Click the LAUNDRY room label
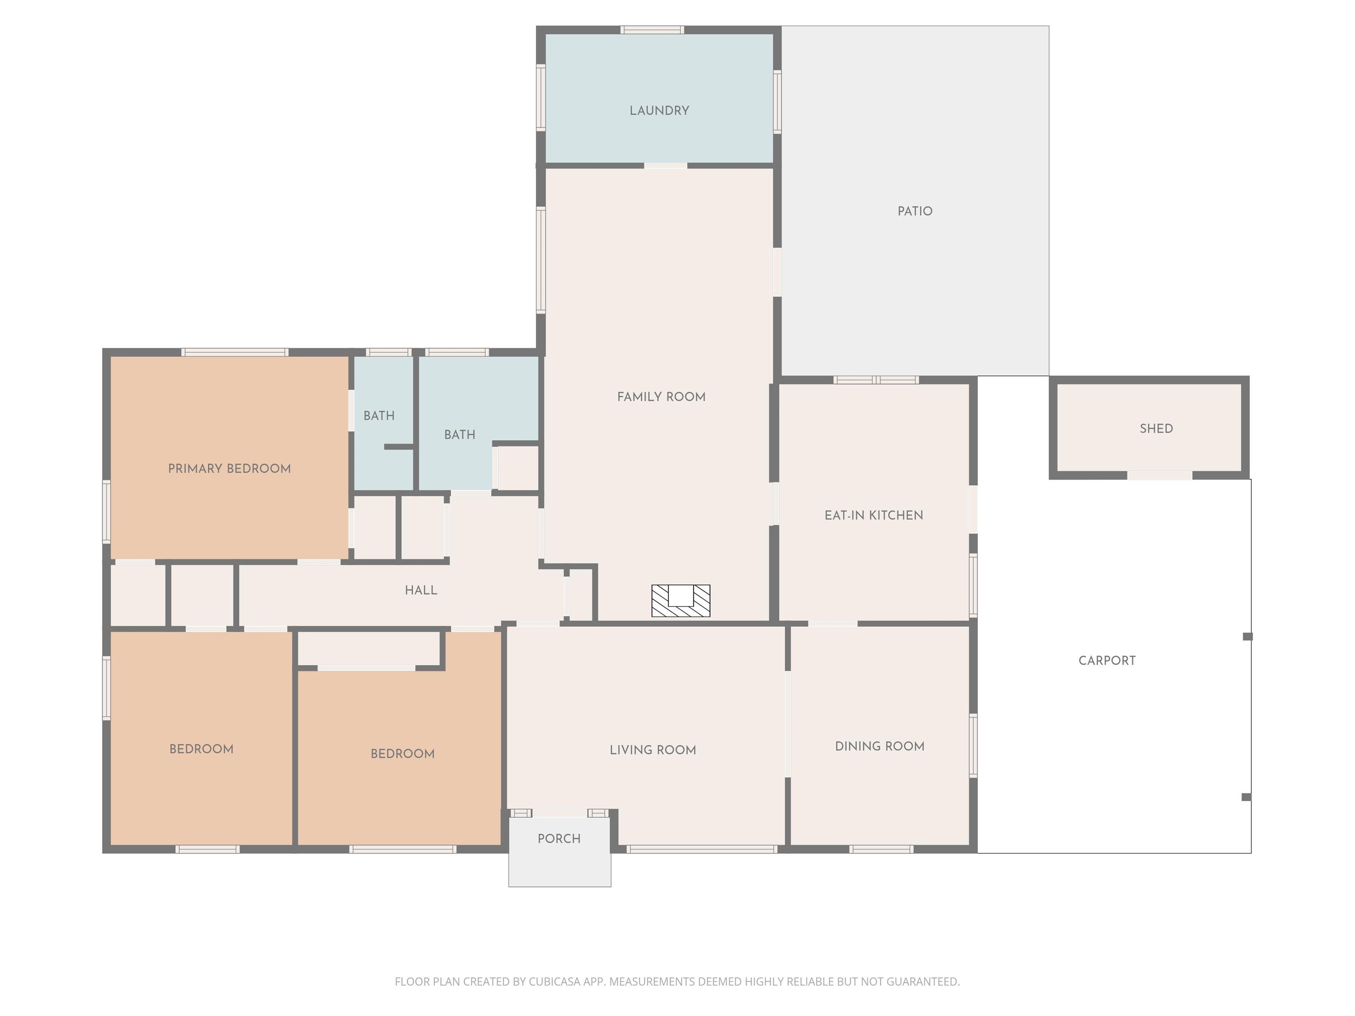(659, 111)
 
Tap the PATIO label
(914, 211)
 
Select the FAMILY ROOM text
(661, 397)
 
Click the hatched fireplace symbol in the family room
(681, 601)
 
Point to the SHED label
(1156, 429)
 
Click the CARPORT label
(1106, 661)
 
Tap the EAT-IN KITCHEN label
(873, 515)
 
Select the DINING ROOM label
(879, 747)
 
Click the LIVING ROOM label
(652, 750)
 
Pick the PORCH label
(559, 839)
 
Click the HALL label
(421, 590)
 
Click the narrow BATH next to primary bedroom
(378, 416)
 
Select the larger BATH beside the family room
(460, 435)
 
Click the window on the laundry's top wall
(652, 30)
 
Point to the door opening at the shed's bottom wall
(1159, 475)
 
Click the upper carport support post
(1247, 637)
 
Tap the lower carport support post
(1246, 797)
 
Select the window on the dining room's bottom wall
(881, 849)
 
